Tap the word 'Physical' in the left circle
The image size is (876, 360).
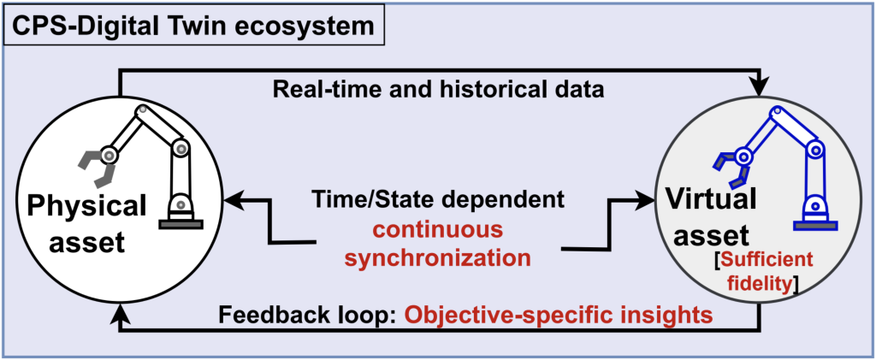tap(85, 206)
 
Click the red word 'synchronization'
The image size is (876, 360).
tap(438, 257)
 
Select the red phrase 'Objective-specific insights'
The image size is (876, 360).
tap(559, 315)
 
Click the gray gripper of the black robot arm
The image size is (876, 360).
tap(95, 168)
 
